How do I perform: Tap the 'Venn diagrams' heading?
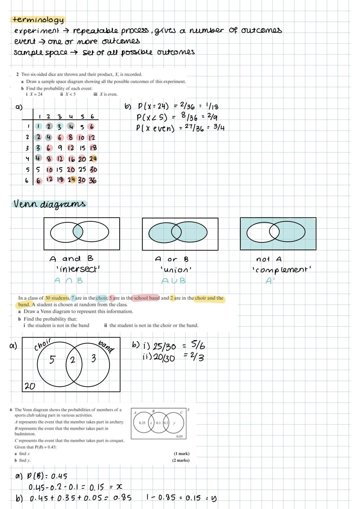tap(49, 204)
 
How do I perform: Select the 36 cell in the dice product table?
tap(92, 180)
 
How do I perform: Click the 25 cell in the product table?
tap(82, 169)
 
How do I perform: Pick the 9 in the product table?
tap(60, 148)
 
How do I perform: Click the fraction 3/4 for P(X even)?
tap(219, 128)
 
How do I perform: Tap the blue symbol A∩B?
tap(69, 281)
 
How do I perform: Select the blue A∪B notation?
tap(173, 281)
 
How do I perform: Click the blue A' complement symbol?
tap(269, 281)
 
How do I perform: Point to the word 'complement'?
tap(282, 269)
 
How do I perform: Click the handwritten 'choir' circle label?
tap(43, 344)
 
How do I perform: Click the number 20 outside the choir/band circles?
tap(30, 386)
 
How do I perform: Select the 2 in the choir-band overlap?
tap(73, 361)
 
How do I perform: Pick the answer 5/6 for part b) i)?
tap(198, 345)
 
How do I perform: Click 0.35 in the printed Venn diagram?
tap(142, 423)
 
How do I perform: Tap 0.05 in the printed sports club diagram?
tap(179, 436)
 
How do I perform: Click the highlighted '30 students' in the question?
tap(57, 298)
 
